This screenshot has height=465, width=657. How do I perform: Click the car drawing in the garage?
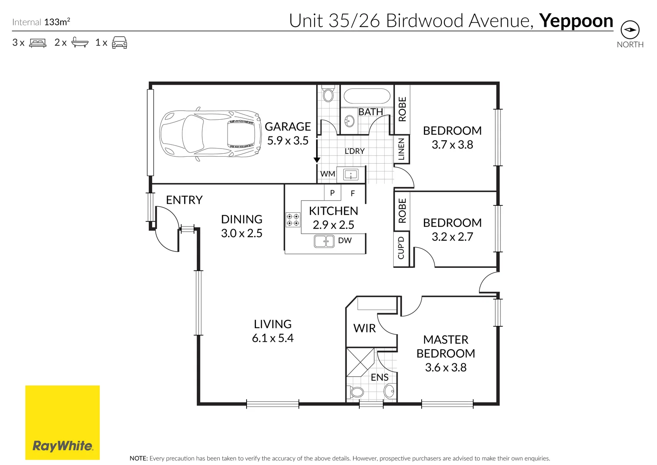(210, 133)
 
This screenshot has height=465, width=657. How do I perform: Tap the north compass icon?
(630, 30)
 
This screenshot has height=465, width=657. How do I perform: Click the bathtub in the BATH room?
(367, 97)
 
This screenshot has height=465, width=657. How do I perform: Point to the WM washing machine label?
(327, 174)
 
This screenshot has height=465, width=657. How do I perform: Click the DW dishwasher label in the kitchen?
(345, 241)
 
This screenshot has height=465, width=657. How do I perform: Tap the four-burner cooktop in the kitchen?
(293, 220)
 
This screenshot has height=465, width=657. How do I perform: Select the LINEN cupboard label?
(401, 149)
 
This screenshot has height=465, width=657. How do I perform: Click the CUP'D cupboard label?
(401, 248)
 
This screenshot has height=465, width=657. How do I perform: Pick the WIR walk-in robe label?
(364, 329)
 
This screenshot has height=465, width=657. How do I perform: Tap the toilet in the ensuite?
(356, 392)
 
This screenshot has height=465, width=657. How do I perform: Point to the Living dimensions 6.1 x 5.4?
(273, 338)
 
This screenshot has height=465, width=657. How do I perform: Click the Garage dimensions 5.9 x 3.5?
(288, 141)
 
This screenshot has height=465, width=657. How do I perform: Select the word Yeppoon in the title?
(576, 21)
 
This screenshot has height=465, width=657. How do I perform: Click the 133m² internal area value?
(57, 22)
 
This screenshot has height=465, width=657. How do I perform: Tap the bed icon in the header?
(38, 43)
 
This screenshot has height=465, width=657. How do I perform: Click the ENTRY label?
(184, 200)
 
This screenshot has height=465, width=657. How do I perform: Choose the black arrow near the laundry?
(317, 160)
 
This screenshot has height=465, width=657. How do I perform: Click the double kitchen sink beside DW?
(324, 241)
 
